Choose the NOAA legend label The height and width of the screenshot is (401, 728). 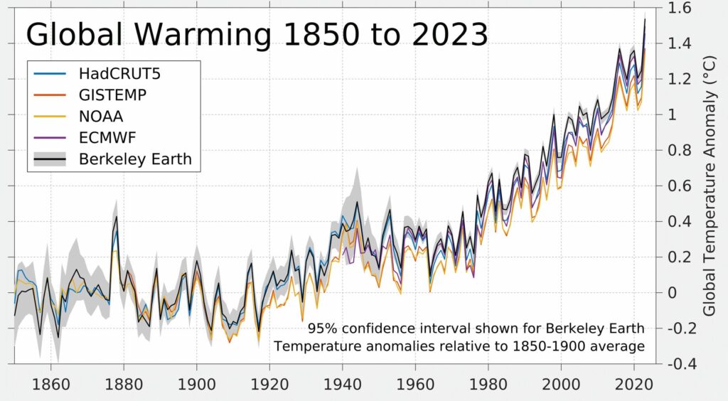pyautogui.click(x=102, y=116)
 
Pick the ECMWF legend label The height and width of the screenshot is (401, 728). pyautogui.click(x=107, y=137)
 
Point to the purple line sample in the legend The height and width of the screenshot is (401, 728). pyautogui.click(x=50, y=137)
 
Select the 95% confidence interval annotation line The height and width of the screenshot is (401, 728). pyautogui.click(x=476, y=329)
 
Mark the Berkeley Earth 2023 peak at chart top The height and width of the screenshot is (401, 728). pyautogui.click(x=644, y=19)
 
